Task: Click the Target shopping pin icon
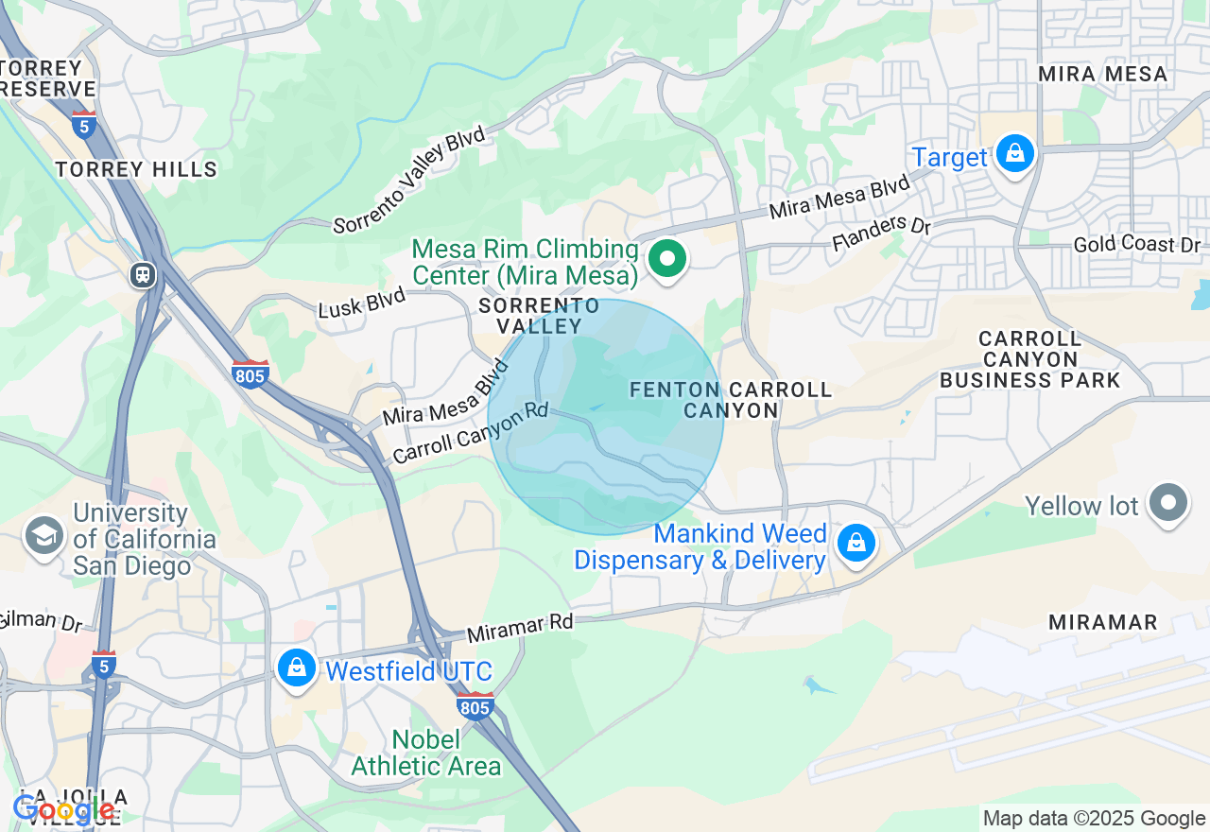1014,153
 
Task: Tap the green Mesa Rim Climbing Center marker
667,258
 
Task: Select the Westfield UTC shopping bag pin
297,667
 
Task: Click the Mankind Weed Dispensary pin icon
856,543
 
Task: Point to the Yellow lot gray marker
1168,503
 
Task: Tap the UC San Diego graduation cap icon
43,536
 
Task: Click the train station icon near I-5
144,275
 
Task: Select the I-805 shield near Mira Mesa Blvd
251,373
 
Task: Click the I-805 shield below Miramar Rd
475,705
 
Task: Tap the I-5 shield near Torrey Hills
84,124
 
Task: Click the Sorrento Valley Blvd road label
409,180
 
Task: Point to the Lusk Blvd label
362,303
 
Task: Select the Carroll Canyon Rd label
470,433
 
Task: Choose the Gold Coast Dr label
1136,245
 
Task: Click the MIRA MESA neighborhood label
1102,74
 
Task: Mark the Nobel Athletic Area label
426,753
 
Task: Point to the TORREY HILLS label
136,170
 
